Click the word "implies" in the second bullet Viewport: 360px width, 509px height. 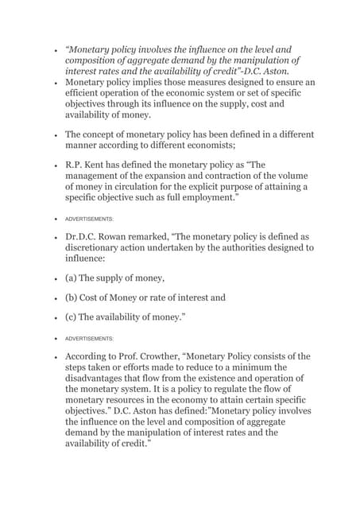[151, 82]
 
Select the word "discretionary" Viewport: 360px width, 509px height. [98, 248]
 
